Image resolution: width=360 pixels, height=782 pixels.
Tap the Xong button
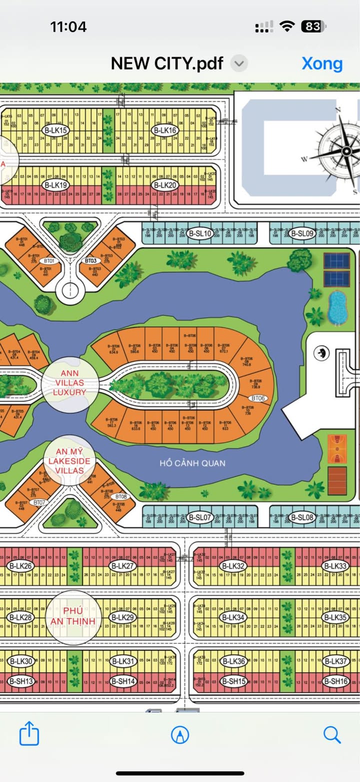click(322, 63)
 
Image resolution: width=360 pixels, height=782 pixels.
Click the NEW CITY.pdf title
click(167, 63)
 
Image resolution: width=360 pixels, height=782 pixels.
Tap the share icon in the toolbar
click(29, 734)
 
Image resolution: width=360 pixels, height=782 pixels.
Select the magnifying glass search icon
click(331, 734)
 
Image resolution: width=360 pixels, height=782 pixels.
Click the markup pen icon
click(180, 734)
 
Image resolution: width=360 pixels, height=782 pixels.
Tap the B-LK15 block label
click(55, 130)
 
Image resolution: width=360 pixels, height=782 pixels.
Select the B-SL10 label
click(200, 233)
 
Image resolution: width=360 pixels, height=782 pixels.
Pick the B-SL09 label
click(302, 233)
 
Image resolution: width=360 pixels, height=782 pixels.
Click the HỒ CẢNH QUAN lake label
click(192, 463)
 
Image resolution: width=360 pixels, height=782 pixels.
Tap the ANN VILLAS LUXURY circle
click(69, 382)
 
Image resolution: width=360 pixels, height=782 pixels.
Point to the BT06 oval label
click(258, 398)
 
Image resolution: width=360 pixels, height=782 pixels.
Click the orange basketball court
click(337, 449)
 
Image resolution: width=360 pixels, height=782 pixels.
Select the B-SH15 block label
click(233, 681)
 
